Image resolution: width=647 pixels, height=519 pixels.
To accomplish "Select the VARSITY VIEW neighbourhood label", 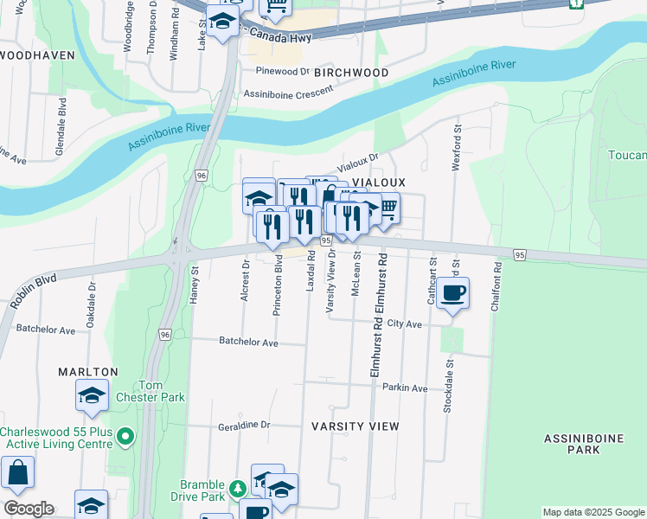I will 356,426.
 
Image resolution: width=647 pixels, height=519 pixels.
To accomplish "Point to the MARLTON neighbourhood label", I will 87,372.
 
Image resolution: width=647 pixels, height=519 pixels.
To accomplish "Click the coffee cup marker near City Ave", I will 452,294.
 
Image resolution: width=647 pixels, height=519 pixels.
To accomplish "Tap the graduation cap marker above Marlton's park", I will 92,395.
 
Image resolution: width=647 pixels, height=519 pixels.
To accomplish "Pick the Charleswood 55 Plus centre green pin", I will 125,438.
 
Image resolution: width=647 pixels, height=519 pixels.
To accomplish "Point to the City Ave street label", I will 404,324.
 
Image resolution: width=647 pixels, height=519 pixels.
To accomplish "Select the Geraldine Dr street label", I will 244,426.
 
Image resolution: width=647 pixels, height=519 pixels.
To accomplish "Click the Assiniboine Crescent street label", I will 288,93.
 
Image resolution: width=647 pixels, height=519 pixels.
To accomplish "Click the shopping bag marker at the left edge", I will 17,474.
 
